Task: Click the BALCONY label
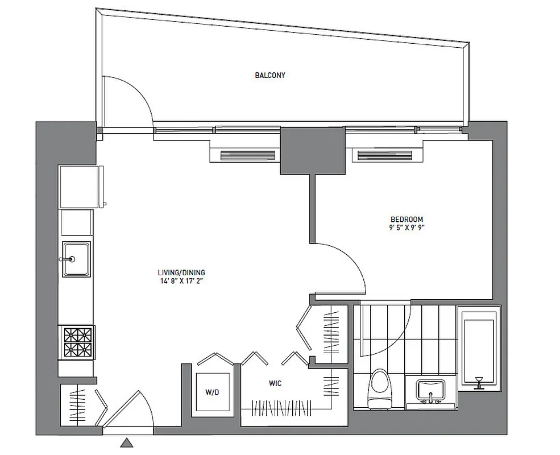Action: (269, 75)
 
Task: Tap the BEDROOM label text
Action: (406, 219)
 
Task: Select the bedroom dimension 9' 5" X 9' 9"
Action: (406, 227)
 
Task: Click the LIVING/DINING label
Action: (182, 272)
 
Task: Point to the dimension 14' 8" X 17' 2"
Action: (182, 281)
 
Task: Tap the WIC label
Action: (275, 384)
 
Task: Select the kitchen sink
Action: (76, 259)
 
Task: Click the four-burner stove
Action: (76, 341)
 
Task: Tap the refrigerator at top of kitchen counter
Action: (81, 187)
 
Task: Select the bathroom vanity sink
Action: (430, 391)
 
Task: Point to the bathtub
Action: (479, 347)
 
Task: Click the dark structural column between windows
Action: (313, 151)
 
